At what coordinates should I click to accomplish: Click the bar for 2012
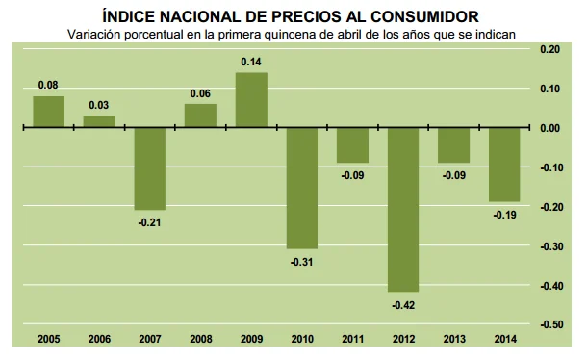click(402, 210)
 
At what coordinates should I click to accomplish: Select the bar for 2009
click(250, 100)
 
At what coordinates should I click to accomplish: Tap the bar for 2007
click(149, 168)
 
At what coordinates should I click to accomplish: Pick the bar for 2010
click(301, 188)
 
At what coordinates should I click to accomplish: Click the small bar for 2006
click(99, 121)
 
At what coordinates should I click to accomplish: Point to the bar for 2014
click(503, 165)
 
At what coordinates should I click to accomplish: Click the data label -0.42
click(402, 304)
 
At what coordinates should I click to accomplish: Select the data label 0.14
click(250, 62)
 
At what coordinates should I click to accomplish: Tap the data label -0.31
click(301, 261)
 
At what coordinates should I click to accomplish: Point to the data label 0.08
click(48, 85)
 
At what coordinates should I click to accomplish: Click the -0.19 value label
click(503, 215)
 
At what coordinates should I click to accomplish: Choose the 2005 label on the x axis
click(48, 339)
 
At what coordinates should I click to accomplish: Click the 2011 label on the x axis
click(352, 339)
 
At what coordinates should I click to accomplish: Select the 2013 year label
click(453, 339)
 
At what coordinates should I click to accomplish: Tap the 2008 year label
click(200, 339)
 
